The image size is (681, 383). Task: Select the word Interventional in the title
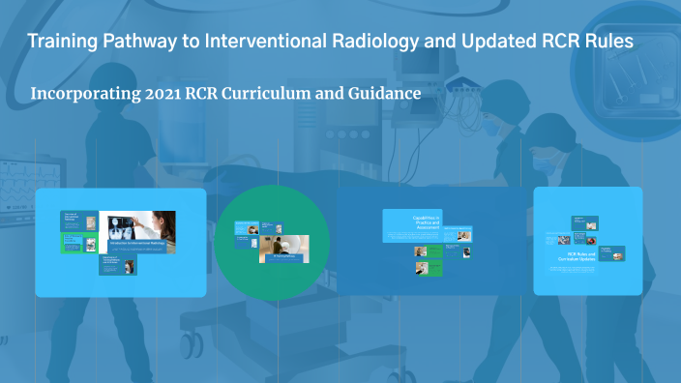[249, 43]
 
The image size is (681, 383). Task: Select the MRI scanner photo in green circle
[284, 248]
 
